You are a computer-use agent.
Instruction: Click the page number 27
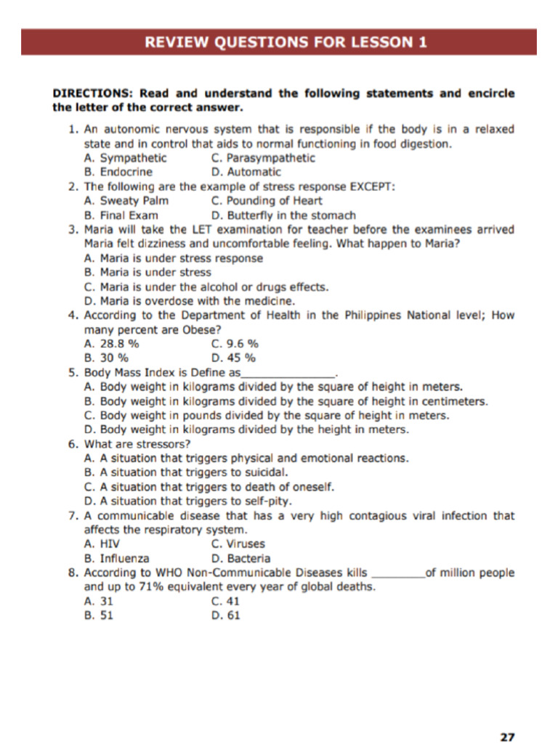507,736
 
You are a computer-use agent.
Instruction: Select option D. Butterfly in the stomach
283,215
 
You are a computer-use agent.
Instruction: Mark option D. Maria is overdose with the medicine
189,301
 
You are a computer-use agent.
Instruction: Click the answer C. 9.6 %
235,344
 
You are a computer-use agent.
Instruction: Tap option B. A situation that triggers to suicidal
182,473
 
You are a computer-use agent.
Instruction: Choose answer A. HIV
102,544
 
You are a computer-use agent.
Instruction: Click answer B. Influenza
117,559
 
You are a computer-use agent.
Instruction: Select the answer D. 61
225,616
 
